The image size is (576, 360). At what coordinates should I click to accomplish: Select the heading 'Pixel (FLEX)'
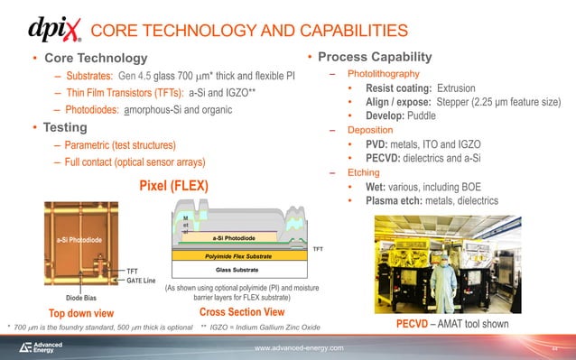(x=172, y=187)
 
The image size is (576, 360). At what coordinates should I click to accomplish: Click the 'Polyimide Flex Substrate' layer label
(x=233, y=256)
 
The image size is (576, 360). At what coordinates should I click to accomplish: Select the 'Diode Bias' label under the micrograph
(x=80, y=296)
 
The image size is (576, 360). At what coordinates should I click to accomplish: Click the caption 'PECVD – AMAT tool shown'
(x=453, y=324)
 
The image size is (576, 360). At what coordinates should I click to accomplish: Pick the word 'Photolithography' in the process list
(x=378, y=73)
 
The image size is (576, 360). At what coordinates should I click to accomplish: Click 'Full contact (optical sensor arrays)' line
(x=129, y=162)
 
